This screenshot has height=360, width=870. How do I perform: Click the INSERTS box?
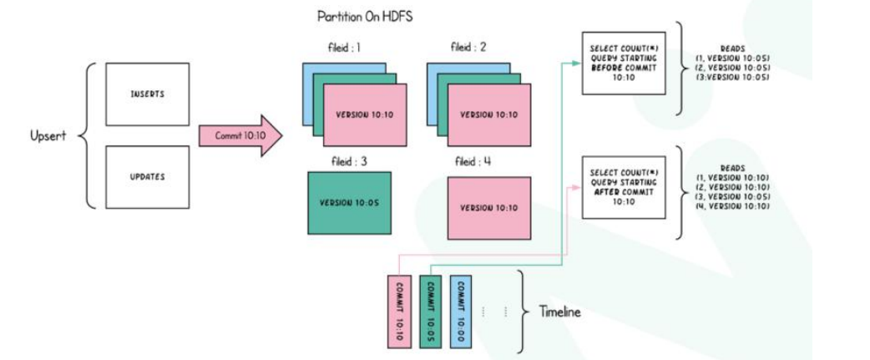point(147,94)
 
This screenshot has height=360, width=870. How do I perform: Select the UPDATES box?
point(147,177)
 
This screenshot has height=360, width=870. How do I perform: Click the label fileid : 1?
point(344,48)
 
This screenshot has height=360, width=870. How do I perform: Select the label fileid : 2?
point(472,48)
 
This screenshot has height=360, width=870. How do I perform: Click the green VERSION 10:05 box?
point(349,203)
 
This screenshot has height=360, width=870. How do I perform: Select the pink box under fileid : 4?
point(488,207)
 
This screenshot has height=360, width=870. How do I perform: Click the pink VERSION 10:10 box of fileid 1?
point(365,114)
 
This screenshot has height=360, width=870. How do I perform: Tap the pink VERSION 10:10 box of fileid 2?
point(489,114)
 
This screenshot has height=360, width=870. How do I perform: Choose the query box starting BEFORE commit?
point(623,63)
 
